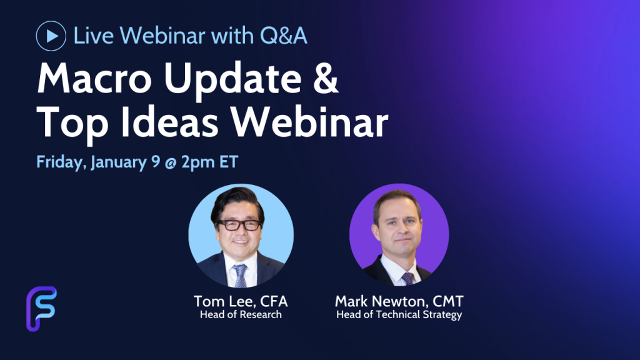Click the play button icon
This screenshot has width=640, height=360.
pos(51,36)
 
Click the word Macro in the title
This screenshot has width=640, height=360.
pos(94,78)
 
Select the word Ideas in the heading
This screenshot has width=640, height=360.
pos(169,122)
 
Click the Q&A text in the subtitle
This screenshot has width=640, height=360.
pos(283,36)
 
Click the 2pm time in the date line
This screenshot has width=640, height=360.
pos(198,162)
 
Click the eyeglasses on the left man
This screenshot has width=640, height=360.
pos(239,224)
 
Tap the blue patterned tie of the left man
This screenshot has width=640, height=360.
pos(240,276)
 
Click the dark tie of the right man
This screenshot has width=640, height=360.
pos(407,279)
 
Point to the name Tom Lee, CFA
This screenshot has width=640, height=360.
pos(241,302)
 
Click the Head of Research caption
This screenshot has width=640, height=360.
pos(241,315)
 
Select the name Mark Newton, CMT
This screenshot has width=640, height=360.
pos(399,302)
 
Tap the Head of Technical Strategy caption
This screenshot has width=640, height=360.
pos(399,315)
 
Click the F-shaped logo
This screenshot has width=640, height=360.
pos(42,309)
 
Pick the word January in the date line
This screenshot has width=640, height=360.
pos(119,162)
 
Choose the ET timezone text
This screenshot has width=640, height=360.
pos(229,162)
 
